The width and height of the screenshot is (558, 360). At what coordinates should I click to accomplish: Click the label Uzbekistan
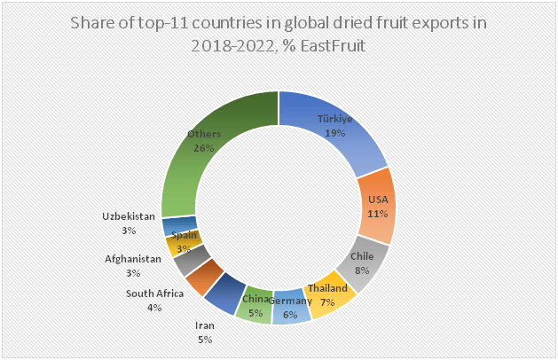[x=129, y=216]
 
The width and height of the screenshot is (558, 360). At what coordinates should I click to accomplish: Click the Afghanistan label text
[x=133, y=259]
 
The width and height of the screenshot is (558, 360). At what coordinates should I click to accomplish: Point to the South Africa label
[x=154, y=293]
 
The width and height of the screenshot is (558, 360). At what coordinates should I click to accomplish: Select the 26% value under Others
[x=204, y=147]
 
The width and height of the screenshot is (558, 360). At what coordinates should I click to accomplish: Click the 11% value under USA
[x=378, y=212]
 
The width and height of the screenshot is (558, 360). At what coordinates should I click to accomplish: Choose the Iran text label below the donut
[x=205, y=325]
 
